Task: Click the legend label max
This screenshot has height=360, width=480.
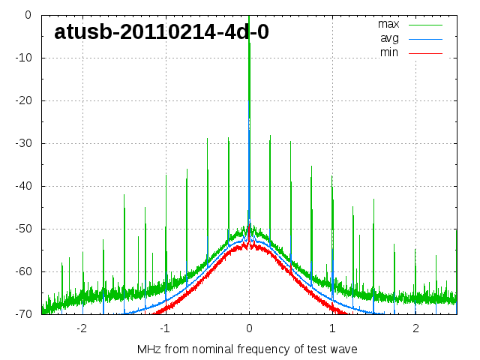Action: [x=388, y=24]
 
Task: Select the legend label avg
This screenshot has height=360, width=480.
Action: [x=389, y=38]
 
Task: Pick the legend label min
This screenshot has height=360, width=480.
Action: [x=389, y=52]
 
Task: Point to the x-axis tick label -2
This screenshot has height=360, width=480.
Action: [x=82, y=328]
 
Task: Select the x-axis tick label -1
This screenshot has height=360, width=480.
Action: [x=165, y=328]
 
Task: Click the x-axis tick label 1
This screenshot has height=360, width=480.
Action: [x=332, y=328]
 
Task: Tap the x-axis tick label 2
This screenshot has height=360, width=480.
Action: [x=415, y=328]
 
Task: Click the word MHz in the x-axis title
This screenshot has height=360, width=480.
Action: [x=148, y=349]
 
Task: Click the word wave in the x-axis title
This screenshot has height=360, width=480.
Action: [x=343, y=349]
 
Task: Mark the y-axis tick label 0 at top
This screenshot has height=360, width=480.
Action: [x=28, y=15]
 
